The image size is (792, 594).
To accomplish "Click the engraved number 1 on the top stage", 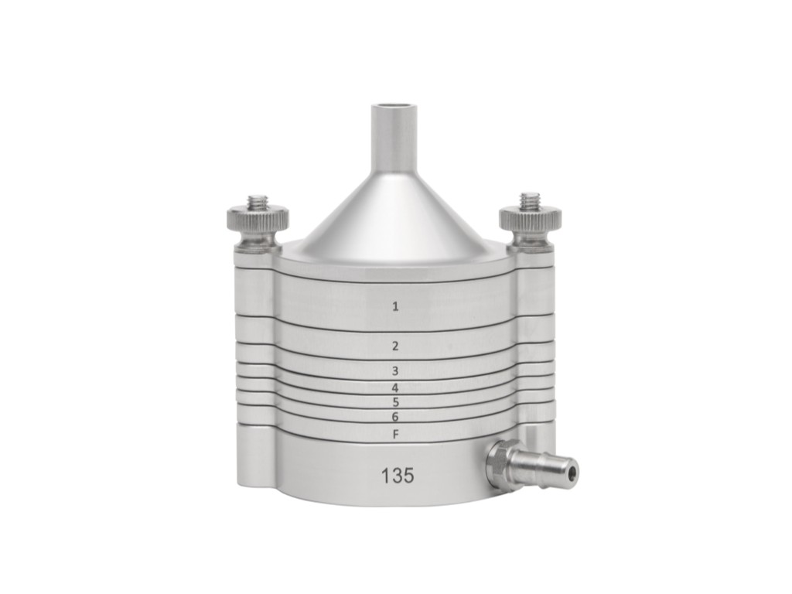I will pyautogui.click(x=395, y=306).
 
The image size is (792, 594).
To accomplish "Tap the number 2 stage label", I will pyautogui.click(x=395, y=345).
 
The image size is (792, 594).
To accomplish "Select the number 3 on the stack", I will pyautogui.click(x=395, y=371).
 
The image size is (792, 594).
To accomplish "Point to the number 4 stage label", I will pyautogui.click(x=395, y=387).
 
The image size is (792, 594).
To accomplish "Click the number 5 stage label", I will pyautogui.click(x=395, y=402).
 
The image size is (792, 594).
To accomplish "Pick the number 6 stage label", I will pyautogui.click(x=395, y=417).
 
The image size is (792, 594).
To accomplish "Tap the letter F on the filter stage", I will pyautogui.click(x=395, y=435).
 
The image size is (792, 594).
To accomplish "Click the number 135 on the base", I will pyautogui.click(x=397, y=476).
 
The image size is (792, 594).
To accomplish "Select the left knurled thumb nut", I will pyautogui.click(x=258, y=220).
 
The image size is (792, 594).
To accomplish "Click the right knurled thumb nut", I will pyautogui.click(x=530, y=220).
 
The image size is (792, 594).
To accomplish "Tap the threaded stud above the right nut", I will pyautogui.click(x=530, y=201).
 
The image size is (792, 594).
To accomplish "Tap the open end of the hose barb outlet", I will pyautogui.click(x=571, y=469).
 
